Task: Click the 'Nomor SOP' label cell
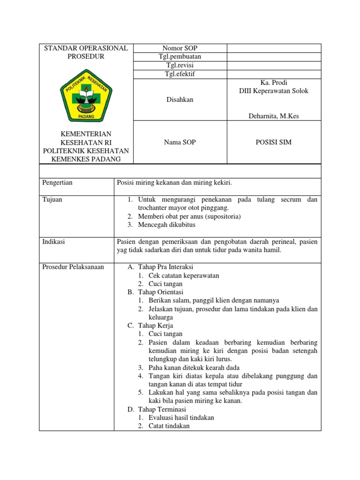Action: (180, 48)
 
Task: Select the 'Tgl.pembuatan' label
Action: (180, 57)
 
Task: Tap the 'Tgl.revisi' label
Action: (180, 66)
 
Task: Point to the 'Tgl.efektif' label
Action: (180, 75)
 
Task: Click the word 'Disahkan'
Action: (180, 99)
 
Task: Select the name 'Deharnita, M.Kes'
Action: (274, 116)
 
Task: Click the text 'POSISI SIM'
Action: (274, 142)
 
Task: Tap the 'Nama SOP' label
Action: (180, 142)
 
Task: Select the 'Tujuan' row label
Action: (52, 200)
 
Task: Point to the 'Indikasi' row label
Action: (53, 241)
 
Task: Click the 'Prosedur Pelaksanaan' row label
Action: (73, 267)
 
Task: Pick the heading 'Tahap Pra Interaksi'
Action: (165, 267)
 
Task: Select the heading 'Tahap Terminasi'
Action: (161, 409)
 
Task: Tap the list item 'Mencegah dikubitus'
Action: (166, 225)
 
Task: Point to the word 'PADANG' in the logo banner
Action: (86, 116)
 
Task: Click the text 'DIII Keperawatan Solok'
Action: (274, 91)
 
